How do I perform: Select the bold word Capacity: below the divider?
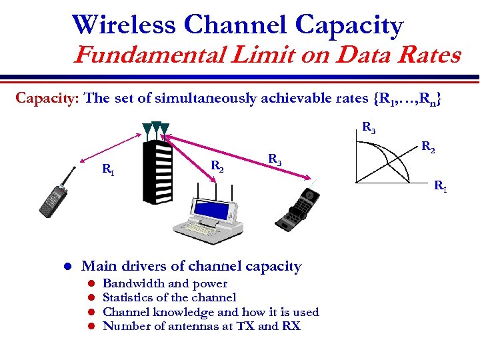pyautogui.click(x=47, y=99)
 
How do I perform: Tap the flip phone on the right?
pyautogui.click(x=298, y=208)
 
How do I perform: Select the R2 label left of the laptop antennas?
pyautogui.click(x=217, y=165)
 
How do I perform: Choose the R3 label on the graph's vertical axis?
pyautogui.click(x=368, y=127)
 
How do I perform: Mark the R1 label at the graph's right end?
pyautogui.click(x=441, y=186)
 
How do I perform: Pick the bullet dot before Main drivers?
pyautogui.click(x=67, y=267)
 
